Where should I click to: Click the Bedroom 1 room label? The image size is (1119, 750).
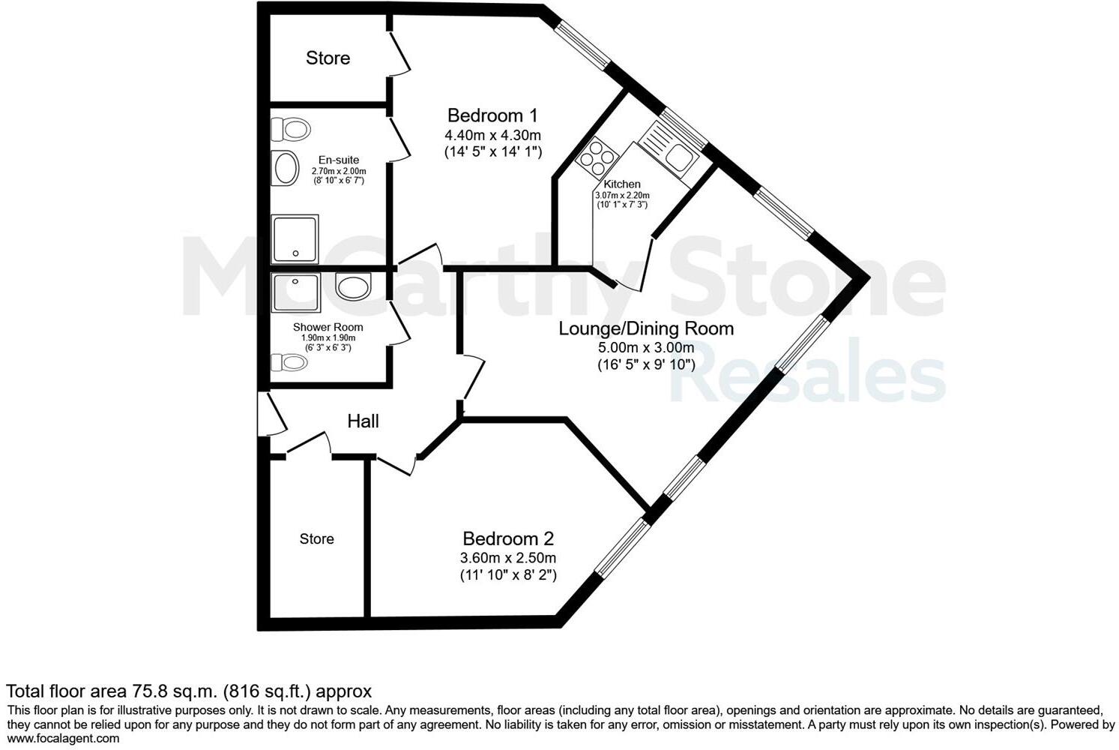click(492, 115)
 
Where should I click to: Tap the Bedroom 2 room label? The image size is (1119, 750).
click(507, 538)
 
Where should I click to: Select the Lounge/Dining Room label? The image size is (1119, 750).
click(646, 328)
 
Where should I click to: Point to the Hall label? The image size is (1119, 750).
click(363, 421)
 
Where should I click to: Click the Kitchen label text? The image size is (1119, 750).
click(622, 184)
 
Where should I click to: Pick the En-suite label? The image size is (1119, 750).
click(339, 160)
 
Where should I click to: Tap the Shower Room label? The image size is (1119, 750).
click(328, 327)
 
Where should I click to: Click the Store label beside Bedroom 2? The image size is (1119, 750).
click(316, 538)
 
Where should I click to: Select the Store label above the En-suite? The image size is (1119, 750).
click(328, 58)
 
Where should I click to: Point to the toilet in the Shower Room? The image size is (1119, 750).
click(289, 363)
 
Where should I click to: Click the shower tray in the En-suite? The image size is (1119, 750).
click(295, 238)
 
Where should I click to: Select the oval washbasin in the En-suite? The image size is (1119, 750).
click(286, 168)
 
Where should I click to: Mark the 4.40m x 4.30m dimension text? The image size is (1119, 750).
click(492, 136)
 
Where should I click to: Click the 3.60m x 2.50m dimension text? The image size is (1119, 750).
click(507, 558)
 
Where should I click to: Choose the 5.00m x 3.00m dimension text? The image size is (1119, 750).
click(645, 348)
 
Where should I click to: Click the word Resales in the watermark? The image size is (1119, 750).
click(806, 379)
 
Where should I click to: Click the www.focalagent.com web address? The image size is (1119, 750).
click(63, 738)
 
